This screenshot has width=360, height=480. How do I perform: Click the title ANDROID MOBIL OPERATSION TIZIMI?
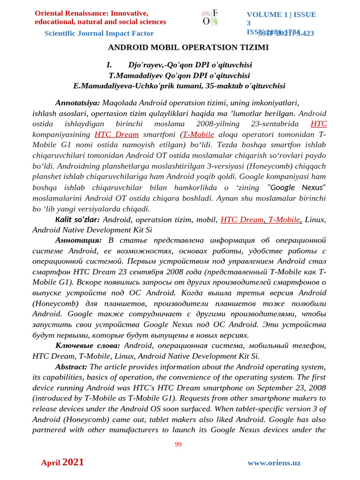pyautogui.click(x=188, y=47)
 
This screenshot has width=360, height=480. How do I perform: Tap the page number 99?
pyautogui.click(x=178, y=444)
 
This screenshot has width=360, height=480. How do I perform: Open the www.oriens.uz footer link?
pyautogui.click(x=274, y=463)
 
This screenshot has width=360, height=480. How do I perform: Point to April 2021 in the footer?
pyautogui.click(x=62, y=462)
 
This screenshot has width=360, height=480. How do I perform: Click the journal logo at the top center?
pyautogui.click(x=210, y=17)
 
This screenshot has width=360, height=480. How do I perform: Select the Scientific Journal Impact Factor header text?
pyautogui.click(x=99, y=33)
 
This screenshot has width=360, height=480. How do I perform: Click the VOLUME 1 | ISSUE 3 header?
pyautogui.click(x=281, y=19)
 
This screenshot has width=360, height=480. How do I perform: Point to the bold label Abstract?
pyautogui.click(x=71, y=367)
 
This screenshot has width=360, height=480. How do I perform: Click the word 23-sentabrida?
pyautogui.click(x=277, y=124)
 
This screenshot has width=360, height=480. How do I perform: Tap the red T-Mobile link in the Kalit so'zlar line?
pyautogui.click(x=285, y=219)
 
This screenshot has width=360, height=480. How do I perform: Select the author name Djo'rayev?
pyautogui.click(x=148, y=65)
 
